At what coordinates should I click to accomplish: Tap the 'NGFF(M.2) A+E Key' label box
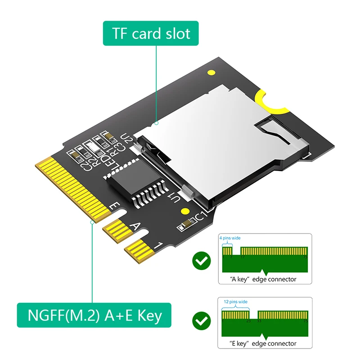click(x=94, y=315)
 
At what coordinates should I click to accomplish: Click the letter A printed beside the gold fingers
click(x=134, y=226)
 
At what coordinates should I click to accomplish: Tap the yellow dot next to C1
click(x=184, y=211)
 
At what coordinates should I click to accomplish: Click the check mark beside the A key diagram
click(x=201, y=260)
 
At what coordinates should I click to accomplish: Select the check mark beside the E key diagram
click(x=201, y=320)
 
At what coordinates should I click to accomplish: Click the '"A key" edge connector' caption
click(x=263, y=279)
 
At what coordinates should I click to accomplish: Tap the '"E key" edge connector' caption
click(x=263, y=343)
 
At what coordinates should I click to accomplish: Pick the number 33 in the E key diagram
click(x=260, y=321)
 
